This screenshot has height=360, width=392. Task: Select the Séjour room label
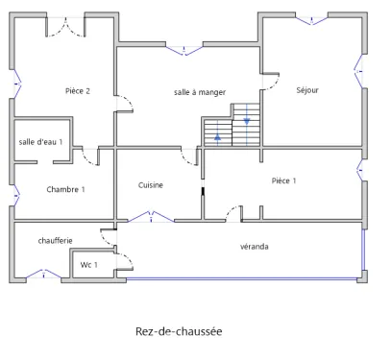click(307, 90)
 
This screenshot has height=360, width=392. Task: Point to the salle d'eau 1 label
click(40, 142)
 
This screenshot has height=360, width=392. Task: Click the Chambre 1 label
click(65, 189)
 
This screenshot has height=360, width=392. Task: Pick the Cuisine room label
click(151, 185)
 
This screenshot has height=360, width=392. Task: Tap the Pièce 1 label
click(283, 180)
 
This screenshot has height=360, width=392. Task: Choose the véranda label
click(255, 247)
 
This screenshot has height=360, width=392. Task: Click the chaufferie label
click(56, 240)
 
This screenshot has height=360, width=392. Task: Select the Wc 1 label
click(88, 264)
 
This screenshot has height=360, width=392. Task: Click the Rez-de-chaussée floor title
click(180, 333)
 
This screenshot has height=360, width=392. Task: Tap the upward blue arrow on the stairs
click(218, 137)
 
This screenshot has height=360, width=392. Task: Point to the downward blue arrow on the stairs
click(248, 121)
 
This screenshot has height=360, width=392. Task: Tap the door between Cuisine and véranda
click(144, 218)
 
